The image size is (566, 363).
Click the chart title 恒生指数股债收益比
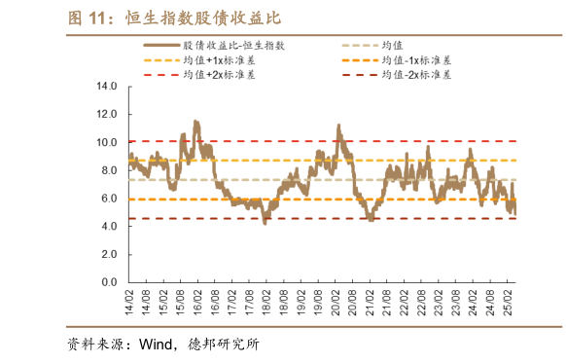[x=210, y=18]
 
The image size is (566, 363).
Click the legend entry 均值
[x=394, y=45]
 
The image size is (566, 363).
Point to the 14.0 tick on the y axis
[x=107, y=86]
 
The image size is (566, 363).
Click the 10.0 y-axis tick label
[x=107, y=142]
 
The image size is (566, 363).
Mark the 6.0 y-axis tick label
[x=107, y=199]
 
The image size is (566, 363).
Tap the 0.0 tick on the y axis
[x=107, y=282]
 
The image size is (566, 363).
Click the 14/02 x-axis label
[x=128, y=298]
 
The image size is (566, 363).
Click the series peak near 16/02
[x=196, y=122]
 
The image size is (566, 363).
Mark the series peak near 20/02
[x=338, y=127]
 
